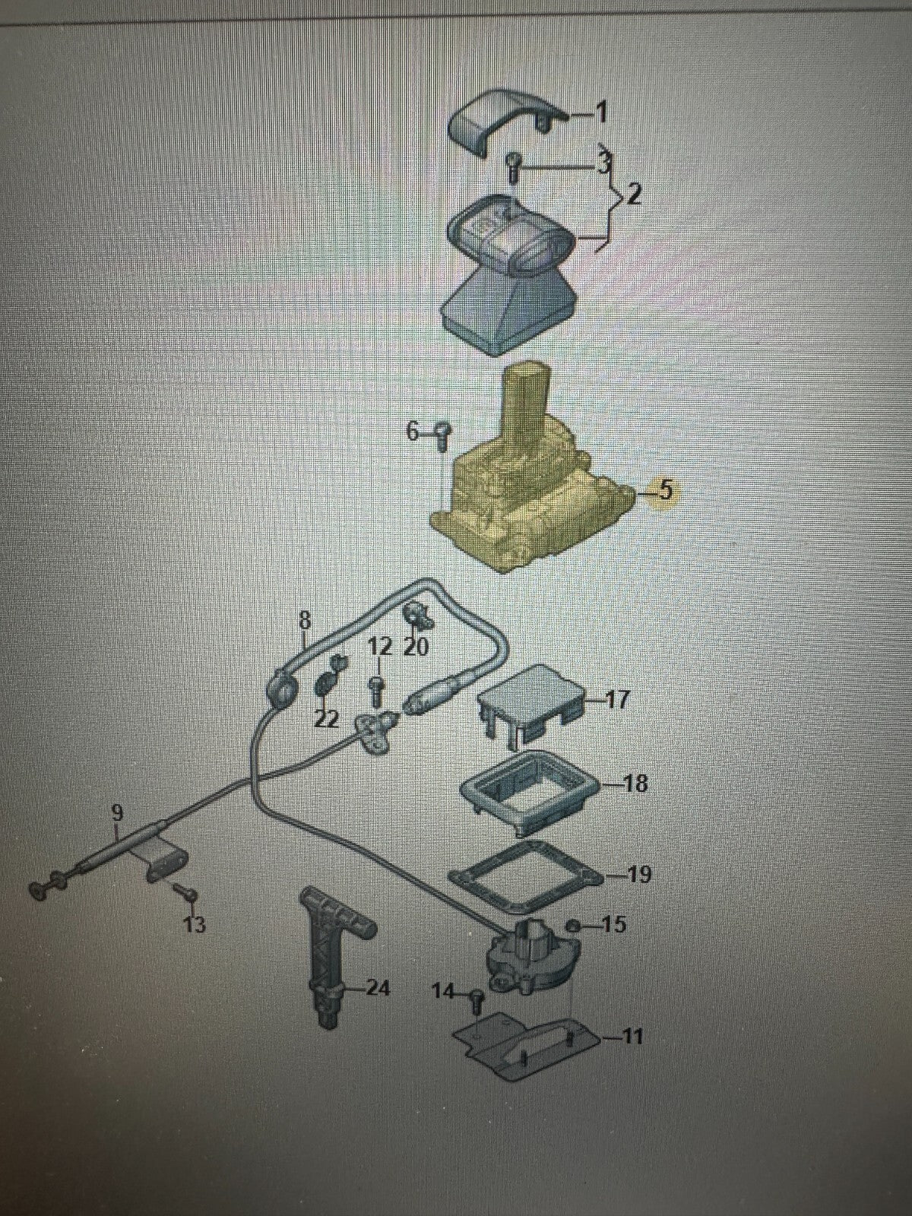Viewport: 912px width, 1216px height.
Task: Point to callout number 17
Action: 617,701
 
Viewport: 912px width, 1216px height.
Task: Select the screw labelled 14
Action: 477,1000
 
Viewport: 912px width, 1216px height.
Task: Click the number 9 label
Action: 117,813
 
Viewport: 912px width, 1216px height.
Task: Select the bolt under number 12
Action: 376,692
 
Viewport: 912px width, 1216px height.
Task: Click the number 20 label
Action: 416,647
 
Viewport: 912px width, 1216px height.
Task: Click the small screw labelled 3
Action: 512,164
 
